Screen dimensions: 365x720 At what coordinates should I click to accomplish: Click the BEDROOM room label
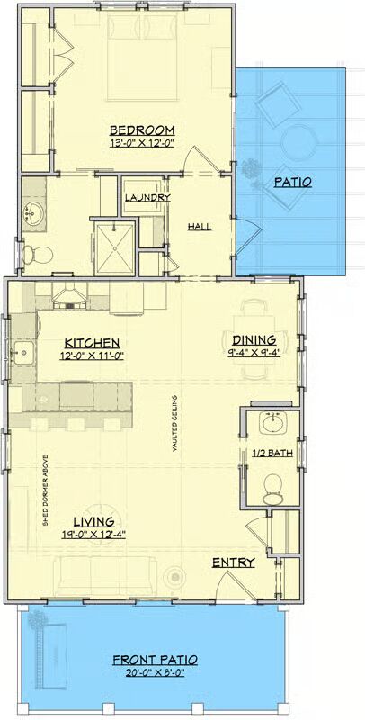142,130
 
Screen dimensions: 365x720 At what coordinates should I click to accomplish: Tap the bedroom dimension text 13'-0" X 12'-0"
144,143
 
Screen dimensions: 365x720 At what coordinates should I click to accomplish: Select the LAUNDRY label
147,198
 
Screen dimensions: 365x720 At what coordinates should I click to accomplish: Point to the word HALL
199,227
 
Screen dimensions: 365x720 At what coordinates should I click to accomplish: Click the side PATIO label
293,183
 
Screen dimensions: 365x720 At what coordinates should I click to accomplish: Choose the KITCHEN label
93,343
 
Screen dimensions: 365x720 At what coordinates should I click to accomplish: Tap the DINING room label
254,340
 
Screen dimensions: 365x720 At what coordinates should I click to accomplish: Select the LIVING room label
94,522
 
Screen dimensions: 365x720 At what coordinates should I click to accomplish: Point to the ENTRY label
234,562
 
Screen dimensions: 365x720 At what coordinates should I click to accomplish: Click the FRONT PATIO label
156,661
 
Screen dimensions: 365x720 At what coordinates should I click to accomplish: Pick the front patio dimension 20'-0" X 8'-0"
156,673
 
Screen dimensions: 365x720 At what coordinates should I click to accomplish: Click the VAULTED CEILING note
174,423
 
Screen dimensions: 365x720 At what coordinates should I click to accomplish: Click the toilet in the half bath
272,489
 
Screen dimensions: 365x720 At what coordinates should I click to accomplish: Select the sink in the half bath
272,423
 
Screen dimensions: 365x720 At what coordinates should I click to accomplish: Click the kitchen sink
23,353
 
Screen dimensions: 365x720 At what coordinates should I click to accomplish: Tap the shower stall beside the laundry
113,248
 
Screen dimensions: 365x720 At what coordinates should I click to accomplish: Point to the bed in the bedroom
142,57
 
